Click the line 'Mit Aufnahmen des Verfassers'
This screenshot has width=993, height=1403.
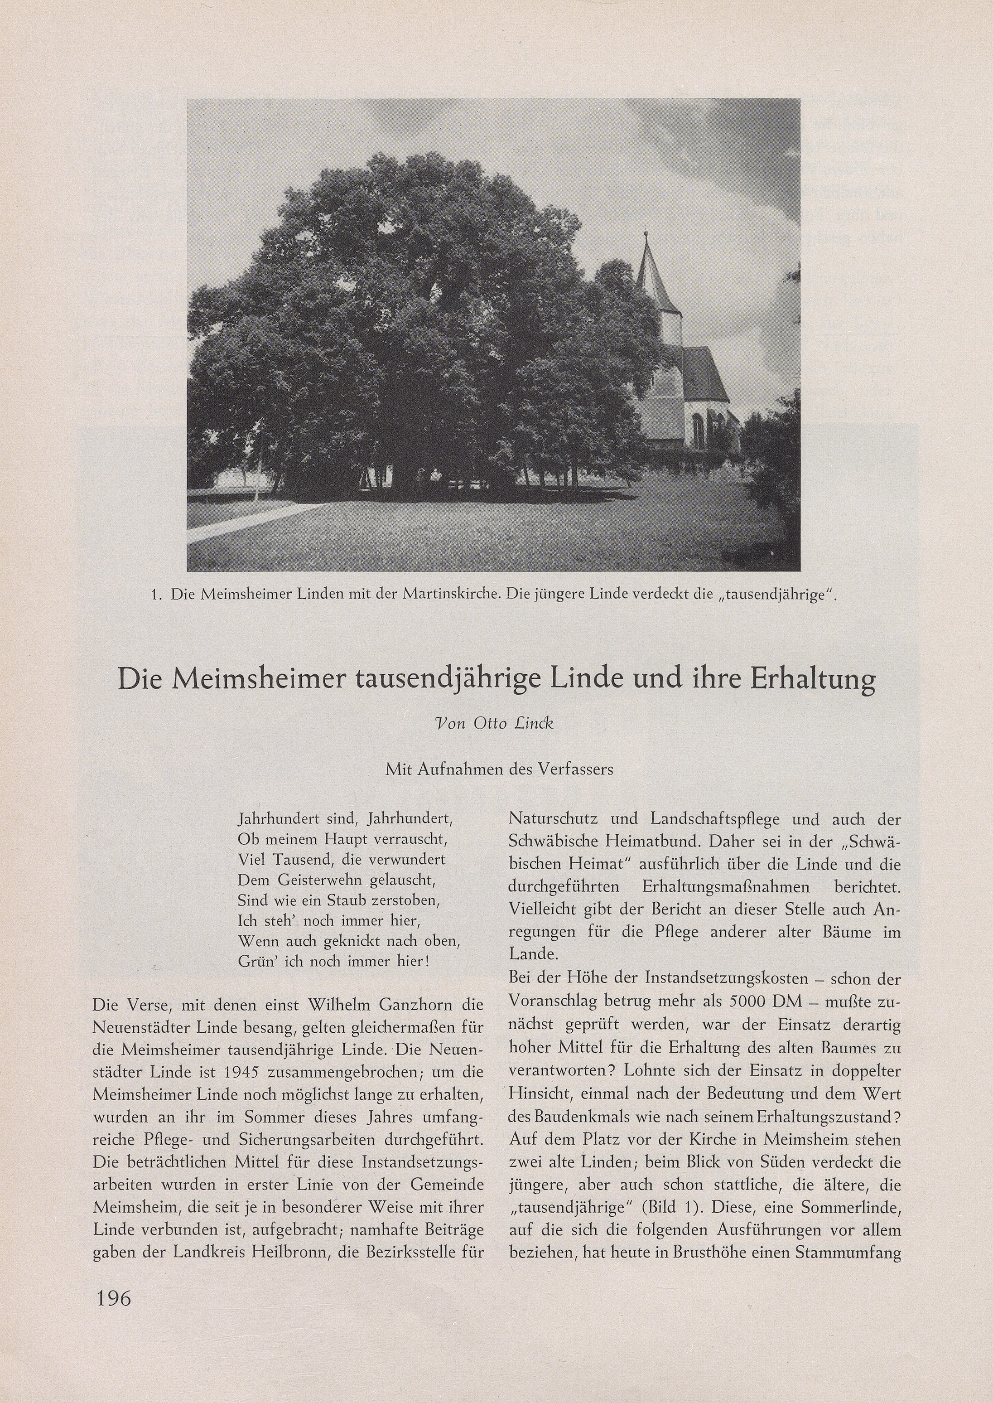499,769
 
